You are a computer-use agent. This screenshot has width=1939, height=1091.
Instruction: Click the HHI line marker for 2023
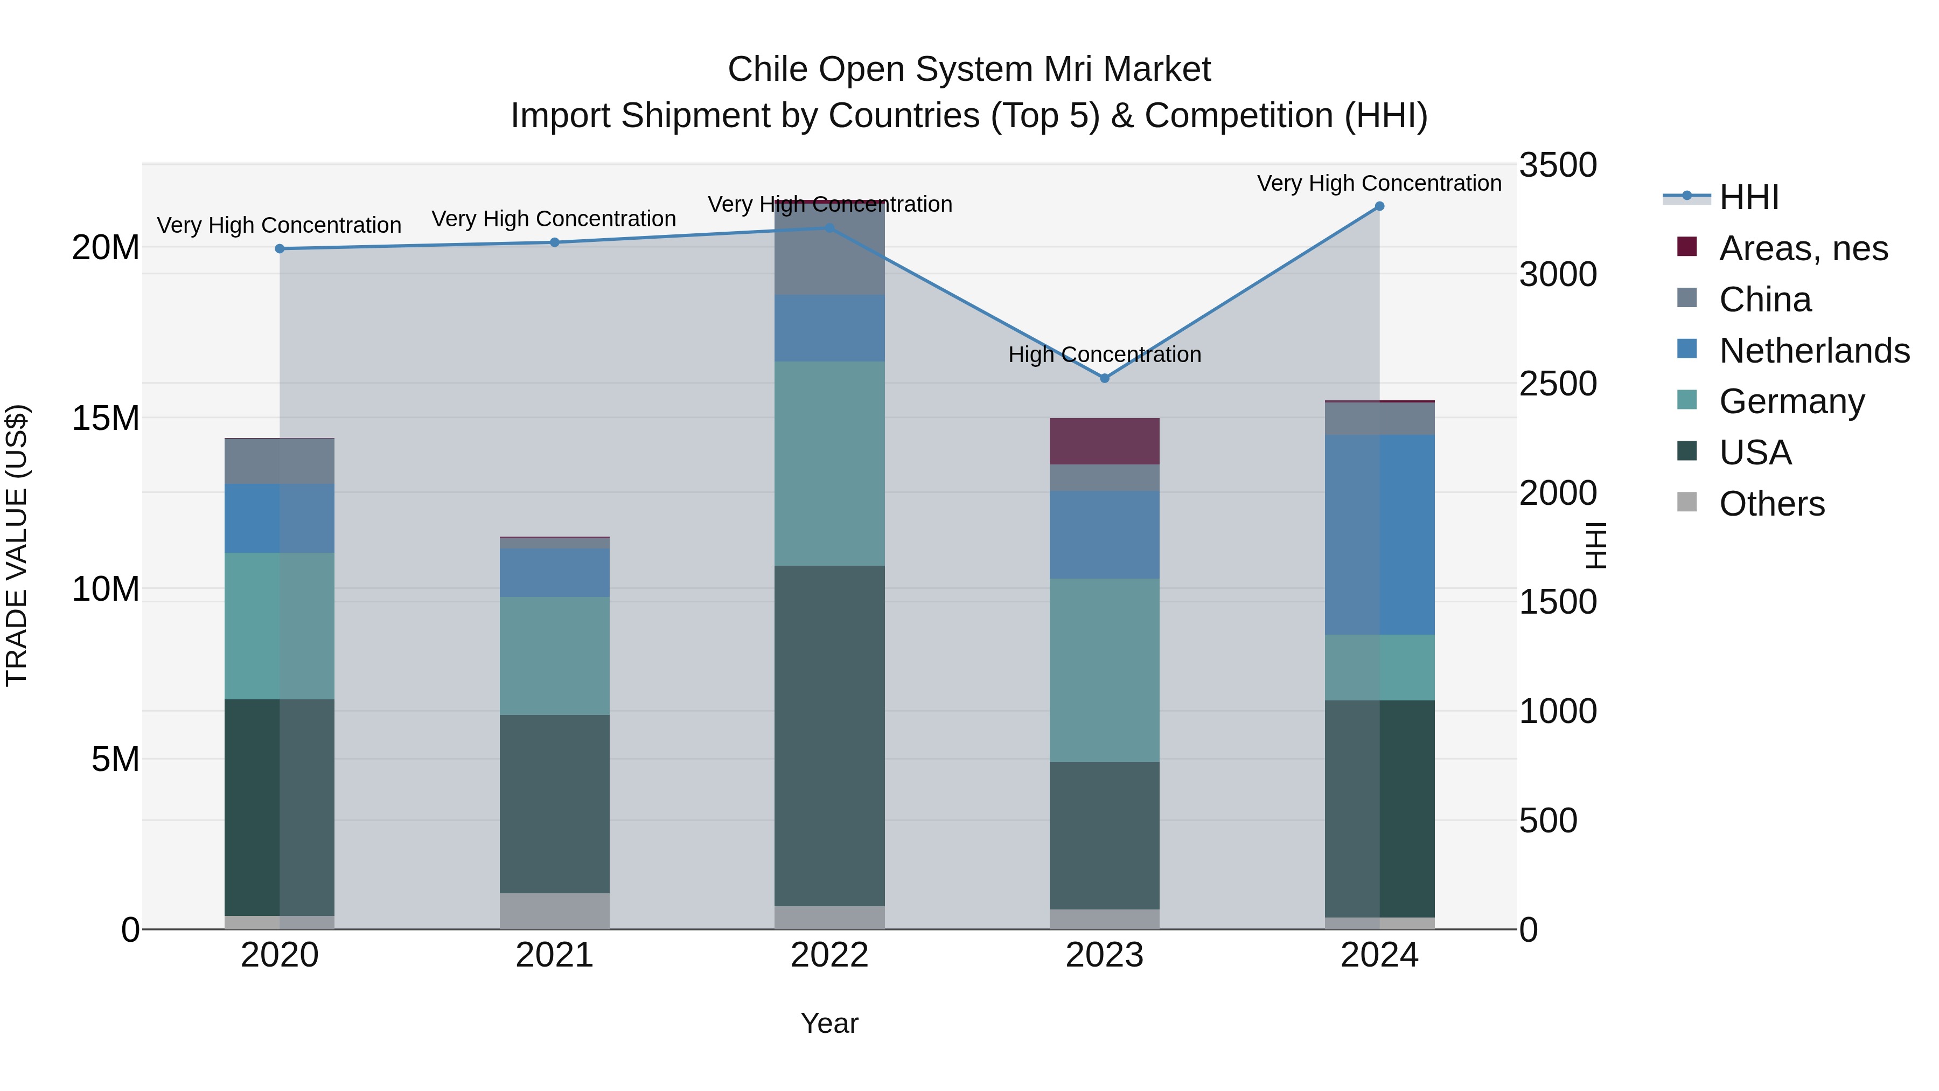click(1104, 378)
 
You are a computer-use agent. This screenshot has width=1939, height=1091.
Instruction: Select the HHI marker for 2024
click(1379, 206)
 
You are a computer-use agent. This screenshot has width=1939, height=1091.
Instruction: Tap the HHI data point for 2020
click(279, 248)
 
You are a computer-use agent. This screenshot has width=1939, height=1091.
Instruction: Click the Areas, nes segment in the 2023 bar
click(1104, 441)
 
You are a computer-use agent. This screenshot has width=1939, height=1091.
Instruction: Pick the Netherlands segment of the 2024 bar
click(1379, 534)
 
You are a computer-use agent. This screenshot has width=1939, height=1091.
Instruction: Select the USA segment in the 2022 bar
click(829, 735)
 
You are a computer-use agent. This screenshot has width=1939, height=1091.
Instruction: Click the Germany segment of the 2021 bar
click(555, 656)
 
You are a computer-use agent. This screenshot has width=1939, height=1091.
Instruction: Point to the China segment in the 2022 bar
click(829, 248)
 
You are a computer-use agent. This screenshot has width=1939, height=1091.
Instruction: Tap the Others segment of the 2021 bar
click(555, 911)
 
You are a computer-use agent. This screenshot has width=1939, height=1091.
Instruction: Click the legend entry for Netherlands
click(1814, 351)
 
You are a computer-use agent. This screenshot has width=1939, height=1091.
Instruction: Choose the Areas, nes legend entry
click(1803, 248)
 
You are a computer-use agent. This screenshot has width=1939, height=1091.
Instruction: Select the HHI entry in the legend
click(1748, 197)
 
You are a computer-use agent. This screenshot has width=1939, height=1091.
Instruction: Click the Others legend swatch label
click(1772, 504)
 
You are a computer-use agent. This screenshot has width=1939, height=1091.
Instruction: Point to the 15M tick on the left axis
click(106, 418)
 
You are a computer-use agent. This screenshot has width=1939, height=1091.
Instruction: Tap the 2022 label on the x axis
click(829, 955)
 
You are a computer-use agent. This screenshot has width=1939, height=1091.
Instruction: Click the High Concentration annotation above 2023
click(1104, 355)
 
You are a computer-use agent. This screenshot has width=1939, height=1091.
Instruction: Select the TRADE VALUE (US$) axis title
click(17, 546)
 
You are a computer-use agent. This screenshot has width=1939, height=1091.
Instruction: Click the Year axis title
click(829, 1023)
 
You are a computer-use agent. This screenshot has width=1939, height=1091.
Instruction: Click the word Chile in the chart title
click(768, 70)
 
